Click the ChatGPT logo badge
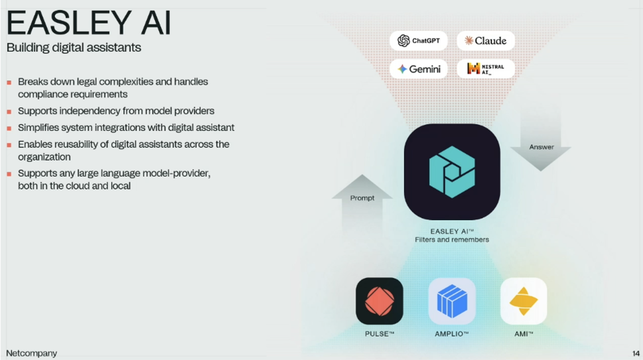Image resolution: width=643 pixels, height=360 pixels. click(x=418, y=41)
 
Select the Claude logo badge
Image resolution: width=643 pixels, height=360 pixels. click(x=485, y=41)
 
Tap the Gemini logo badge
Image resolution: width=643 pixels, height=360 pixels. click(x=418, y=69)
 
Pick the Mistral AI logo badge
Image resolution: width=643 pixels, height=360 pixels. click(x=485, y=69)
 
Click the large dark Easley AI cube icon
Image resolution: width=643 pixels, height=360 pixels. click(x=452, y=171)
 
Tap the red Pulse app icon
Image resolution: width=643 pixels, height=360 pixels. click(x=380, y=301)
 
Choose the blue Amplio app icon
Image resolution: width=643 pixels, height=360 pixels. click(x=452, y=301)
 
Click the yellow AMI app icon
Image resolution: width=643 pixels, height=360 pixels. click(x=523, y=301)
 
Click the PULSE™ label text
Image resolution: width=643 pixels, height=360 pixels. click(x=380, y=334)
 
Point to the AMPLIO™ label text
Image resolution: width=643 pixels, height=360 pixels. click(x=452, y=334)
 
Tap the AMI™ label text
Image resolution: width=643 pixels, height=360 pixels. click(x=523, y=334)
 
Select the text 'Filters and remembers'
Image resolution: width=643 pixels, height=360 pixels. click(x=452, y=239)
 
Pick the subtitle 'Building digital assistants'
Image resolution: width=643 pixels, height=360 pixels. click(x=74, y=47)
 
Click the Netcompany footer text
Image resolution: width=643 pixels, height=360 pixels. click(x=31, y=353)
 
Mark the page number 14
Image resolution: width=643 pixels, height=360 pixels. click(x=636, y=354)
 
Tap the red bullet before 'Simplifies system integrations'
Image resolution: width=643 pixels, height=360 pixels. click(x=9, y=128)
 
